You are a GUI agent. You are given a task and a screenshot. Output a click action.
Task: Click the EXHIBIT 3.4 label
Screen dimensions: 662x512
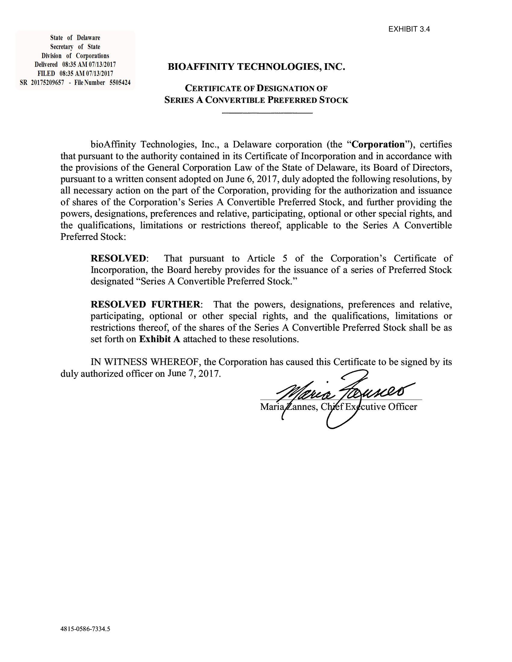click(x=409, y=29)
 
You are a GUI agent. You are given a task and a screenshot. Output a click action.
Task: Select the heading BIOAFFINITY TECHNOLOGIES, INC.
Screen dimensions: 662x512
click(x=256, y=67)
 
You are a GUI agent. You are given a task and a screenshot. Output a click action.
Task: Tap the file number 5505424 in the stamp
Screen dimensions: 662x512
click(x=120, y=82)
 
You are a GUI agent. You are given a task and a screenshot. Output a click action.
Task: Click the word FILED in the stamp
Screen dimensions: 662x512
click(x=46, y=73)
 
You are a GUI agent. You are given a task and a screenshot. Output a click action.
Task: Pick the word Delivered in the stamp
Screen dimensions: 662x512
click(x=46, y=64)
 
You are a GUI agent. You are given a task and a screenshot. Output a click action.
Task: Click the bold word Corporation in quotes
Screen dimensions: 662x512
click(x=378, y=144)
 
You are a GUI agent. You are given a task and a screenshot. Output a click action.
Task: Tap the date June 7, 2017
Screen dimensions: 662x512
click(x=194, y=373)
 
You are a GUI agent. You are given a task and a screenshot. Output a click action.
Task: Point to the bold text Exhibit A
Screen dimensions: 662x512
click(x=160, y=339)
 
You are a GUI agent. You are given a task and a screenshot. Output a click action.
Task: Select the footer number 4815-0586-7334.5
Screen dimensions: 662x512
click(x=85, y=629)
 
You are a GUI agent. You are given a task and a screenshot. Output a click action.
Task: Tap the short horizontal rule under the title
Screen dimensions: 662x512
click(x=267, y=113)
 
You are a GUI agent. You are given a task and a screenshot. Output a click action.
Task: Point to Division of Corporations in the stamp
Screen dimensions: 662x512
click(x=75, y=55)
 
